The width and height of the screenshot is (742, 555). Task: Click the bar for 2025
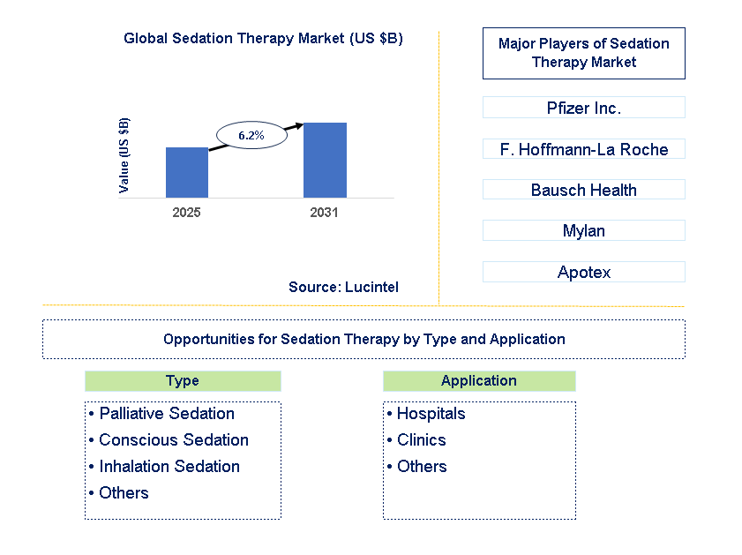(x=187, y=173)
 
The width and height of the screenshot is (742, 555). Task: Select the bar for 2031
(x=325, y=161)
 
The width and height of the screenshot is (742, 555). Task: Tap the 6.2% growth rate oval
(x=251, y=135)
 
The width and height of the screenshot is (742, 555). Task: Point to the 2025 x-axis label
(x=187, y=213)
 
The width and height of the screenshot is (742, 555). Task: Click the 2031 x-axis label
(x=324, y=213)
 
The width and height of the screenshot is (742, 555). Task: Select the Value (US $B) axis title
(x=124, y=155)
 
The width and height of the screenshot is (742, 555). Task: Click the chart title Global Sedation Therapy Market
(x=263, y=39)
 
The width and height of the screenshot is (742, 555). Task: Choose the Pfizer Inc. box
(x=583, y=108)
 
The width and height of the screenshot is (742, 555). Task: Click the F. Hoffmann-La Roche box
(x=583, y=149)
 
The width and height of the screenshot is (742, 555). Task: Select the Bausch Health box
(x=583, y=190)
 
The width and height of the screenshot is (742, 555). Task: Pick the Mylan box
(x=583, y=231)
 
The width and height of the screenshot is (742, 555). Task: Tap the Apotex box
(x=583, y=272)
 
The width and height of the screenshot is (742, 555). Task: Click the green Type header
(x=183, y=381)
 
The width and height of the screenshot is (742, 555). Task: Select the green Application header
(x=479, y=381)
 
